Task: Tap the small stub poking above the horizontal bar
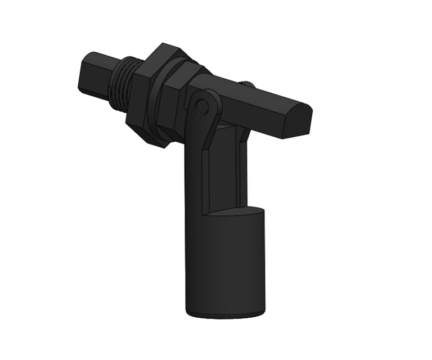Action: tap(247, 84)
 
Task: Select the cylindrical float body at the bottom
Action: tap(225, 264)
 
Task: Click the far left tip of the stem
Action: tap(79, 82)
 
